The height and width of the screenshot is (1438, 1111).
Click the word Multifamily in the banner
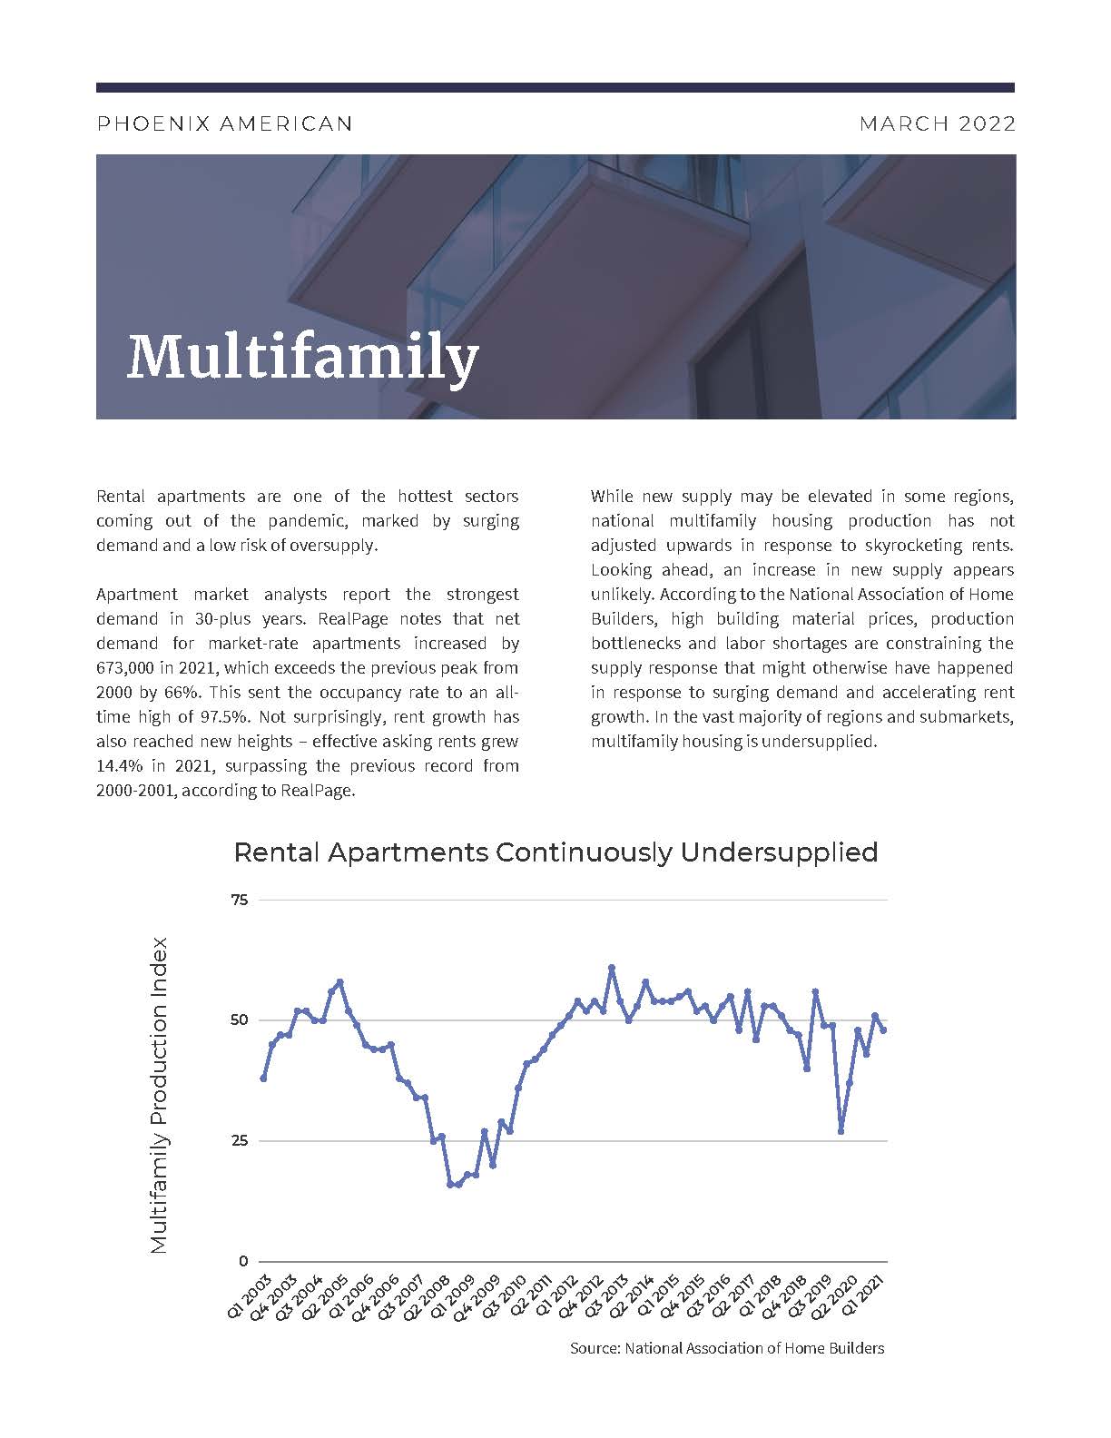click(x=302, y=357)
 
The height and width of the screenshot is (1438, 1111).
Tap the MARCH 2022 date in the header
click(x=937, y=123)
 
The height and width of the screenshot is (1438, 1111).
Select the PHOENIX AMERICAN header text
click(x=224, y=123)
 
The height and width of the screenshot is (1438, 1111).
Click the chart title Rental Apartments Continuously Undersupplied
click(x=555, y=852)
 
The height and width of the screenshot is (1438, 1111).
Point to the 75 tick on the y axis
click(x=240, y=900)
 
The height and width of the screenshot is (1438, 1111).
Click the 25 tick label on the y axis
click(x=240, y=1141)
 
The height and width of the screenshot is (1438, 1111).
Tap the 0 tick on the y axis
click(x=243, y=1261)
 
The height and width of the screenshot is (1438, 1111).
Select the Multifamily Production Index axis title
click(x=160, y=1096)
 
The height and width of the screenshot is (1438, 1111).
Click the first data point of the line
click(x=263, y=1078)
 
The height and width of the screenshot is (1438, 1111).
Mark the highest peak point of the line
click(x=612, y=968)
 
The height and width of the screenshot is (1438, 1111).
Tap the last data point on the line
click(x=883, y=1029)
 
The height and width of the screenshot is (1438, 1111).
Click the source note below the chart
click(x=726, y=1348)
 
